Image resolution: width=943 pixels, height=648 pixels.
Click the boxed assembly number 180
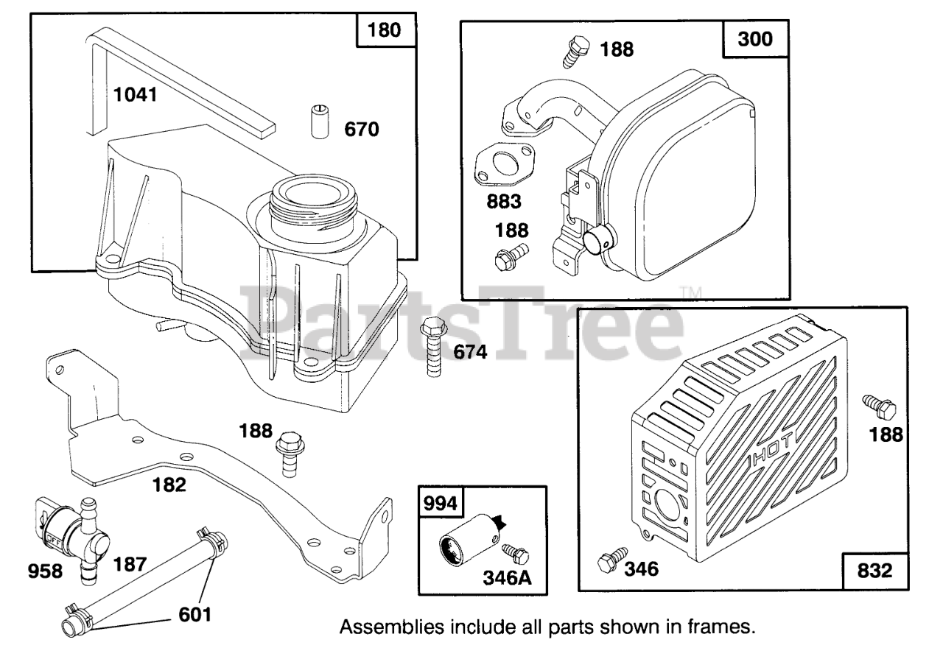pos(385,31)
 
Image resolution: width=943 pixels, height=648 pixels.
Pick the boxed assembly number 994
pos(440,504)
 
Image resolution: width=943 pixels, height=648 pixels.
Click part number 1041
pos(136,95)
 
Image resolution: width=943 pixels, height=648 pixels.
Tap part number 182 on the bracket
pos(170,485)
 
